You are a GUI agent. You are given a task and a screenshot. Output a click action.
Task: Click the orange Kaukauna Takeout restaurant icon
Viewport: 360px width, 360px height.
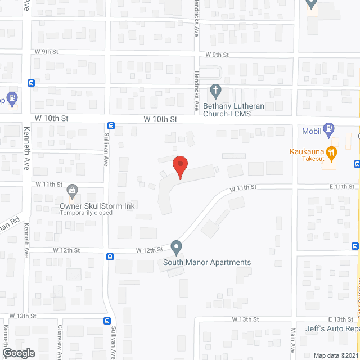click(332, 150)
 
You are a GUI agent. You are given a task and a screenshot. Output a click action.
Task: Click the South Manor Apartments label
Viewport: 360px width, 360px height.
click(207, 262)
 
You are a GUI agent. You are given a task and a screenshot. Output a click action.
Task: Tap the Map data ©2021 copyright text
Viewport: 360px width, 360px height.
click(335, 355)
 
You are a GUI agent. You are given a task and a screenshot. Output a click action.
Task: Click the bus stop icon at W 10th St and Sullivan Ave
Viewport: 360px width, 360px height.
click(111, 126)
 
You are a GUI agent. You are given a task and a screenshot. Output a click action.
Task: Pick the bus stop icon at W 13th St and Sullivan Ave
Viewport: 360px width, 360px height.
click(106, 337)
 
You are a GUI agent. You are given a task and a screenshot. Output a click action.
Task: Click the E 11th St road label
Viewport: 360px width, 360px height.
click(341, 186)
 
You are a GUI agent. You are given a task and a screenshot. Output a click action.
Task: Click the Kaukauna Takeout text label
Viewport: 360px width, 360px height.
click(307, 155)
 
